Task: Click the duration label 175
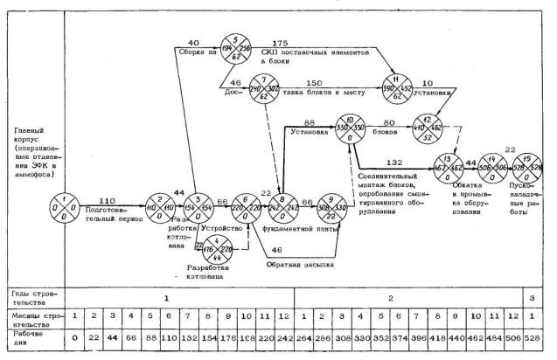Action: (x=280, y=43)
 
